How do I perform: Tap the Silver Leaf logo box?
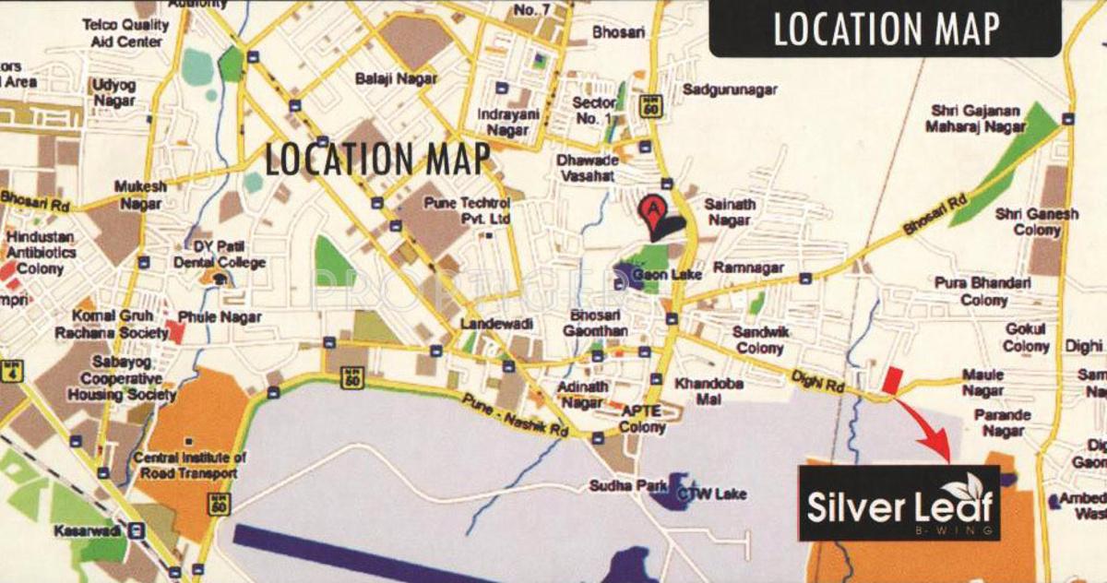pos(899,503)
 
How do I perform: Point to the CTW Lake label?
pos(711,494)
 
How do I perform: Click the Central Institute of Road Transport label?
pos(191,466)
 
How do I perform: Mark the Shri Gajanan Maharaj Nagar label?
pos(978,119)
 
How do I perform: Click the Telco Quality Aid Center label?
pos(125,33)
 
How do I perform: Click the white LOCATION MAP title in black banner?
pos(886,30)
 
